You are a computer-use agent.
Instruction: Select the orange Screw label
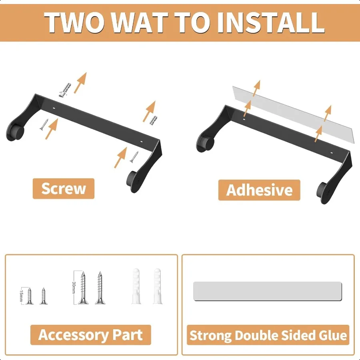[63, 188]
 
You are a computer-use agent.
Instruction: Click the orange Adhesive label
[259, 190]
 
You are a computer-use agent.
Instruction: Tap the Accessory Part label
[90, 335]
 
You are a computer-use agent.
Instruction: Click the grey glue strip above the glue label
[268, 291]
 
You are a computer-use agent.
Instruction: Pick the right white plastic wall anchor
[157, 286]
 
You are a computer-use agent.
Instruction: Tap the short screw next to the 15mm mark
[29, 296]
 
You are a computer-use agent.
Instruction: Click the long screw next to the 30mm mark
[83, 287]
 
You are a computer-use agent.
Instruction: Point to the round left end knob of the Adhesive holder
[205, 142]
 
